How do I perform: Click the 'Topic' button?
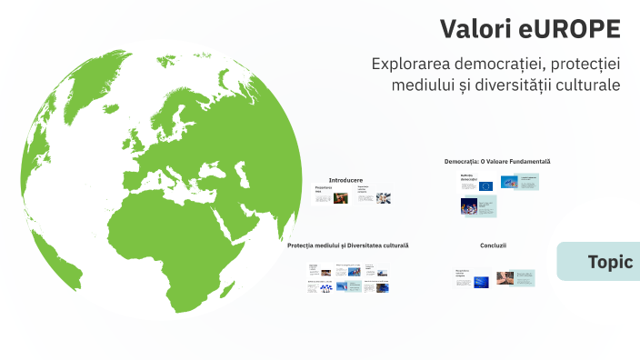609,262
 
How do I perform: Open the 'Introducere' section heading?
345,180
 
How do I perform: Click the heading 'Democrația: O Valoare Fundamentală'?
497,162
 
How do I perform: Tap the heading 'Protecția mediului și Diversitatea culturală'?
347,245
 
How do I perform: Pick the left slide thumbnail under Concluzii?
473,278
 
